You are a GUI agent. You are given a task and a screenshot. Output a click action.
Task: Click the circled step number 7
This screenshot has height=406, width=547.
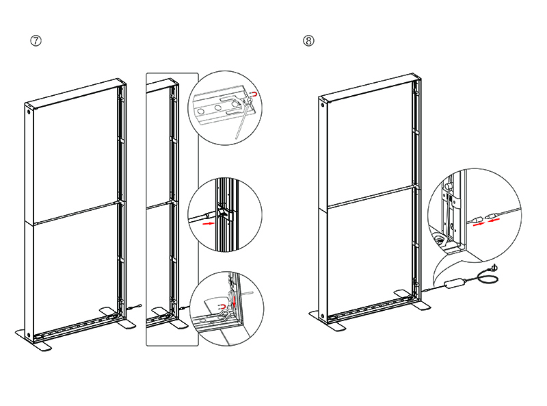(x=36, y=40)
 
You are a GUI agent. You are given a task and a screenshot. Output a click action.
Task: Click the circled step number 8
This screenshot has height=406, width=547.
(x=309, y=40)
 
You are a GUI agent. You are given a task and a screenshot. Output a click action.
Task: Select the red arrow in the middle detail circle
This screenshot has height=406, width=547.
(x=215, y=220)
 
